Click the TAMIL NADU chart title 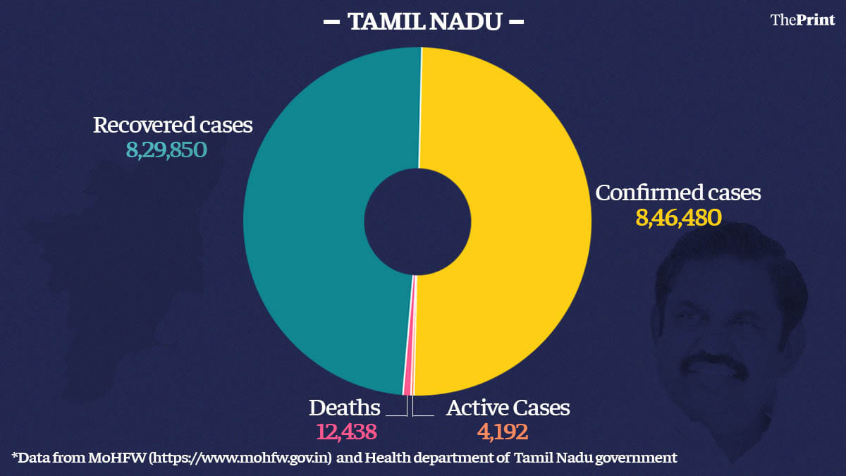pyautogui.click(x=423, y=22)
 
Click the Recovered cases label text pyautogui.click(x=173, y=126)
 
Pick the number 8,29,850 pyautogui.click(x=167, y=149)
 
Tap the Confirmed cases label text pyautogui.click(x=678, y=193)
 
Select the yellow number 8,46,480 pyautogui.click(x=678, y=217)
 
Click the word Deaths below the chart pyautogui.click(x=345, y=408)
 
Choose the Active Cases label pyautogui.click(x=508, y=408)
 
